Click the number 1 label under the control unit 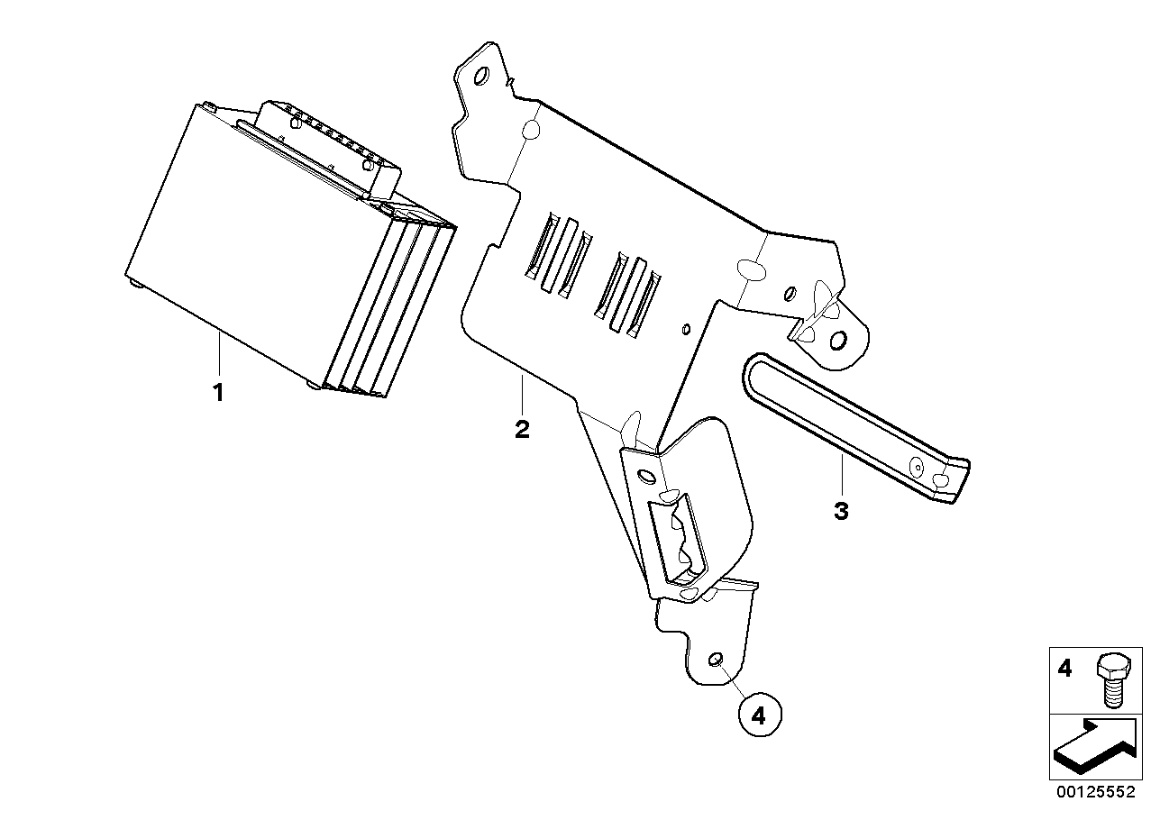(x=218, y=393)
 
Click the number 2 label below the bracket (x=522, y=430)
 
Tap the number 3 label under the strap (x=842, y=512)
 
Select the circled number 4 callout (x=760, y=715)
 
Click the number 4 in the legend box (x=1064, y=669)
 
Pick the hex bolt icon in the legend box (x=1114, y=680)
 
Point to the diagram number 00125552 (x=1096, y=792)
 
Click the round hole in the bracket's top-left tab (x=480, y=76)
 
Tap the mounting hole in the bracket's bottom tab (x=715, y=660)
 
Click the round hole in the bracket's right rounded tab (x=838, y=341)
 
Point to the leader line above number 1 (x=219, y=353)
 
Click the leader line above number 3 (x=842, y=475)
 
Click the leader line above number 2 (x=522, y=395)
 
